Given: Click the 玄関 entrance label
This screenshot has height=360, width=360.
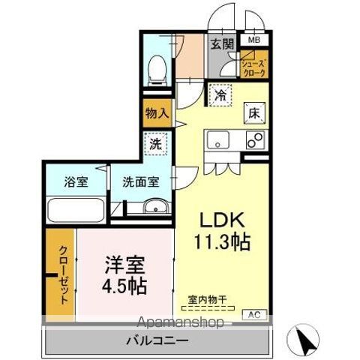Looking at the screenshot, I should (x=220, y=43).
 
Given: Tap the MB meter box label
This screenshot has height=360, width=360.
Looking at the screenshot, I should (x=253, y=40).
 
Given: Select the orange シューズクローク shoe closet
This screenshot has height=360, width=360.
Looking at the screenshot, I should (x=252, y=68).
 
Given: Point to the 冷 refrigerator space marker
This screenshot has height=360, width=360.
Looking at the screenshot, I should (x=220, y=95).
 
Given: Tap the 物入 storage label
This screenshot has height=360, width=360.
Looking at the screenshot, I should (x=157, y=114).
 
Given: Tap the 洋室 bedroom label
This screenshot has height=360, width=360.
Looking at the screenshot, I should (x=124, y=264).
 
